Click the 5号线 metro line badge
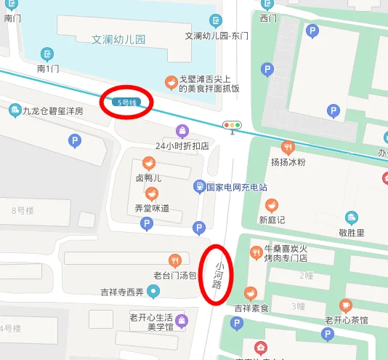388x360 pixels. (126, 103)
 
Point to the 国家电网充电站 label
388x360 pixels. (236, 187)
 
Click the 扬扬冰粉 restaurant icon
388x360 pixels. (288, 147)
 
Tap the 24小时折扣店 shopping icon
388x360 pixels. (182, 131)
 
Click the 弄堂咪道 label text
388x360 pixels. (152, 208)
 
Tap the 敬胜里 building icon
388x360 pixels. (352, 217)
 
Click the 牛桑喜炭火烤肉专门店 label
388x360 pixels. (286, 252)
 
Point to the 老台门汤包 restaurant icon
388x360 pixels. (174, 260)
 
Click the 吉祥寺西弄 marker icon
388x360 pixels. (153, 292)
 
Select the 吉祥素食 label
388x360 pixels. (251, 308)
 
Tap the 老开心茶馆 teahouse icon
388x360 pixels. (346, 305)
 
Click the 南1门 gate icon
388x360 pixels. (47, 54)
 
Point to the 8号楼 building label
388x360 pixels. (23, 211)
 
